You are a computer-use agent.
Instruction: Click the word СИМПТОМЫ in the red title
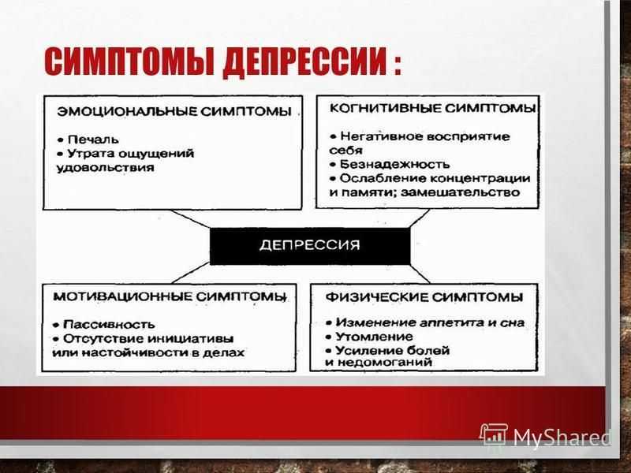pyautogui.click(x=129, y=62)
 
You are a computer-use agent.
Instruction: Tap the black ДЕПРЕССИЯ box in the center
pyautogui.click(x=310, y=246)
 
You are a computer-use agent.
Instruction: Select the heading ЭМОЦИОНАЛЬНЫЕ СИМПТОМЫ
pyautogui.click(x=174, y=111)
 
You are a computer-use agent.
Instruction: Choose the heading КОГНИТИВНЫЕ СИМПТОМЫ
pyautogui.click(x=432, y=108)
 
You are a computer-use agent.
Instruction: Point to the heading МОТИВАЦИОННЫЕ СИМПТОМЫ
pyautogui.click(x=170, y=297)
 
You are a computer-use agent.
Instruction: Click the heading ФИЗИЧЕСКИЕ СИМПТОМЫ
pyautogui.click(x=424, y=297)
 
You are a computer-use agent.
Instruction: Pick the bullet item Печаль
pyautogui.click(x=88, y=140)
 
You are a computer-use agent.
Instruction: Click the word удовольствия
pyautogui.click(x=106, y=168)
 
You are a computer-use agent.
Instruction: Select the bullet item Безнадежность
pyautogui.click(x=390, y=164)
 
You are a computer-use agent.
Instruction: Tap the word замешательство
pyautogui.click(x=461, y=192)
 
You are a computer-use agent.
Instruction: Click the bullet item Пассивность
pyautogui.click(x=104, y=324)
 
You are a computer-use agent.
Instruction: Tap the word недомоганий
pyautogui.click(x=384, y=362)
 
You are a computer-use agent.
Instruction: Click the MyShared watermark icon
pyautogui.click(x=493, y=434)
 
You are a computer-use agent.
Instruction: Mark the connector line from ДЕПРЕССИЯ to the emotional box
pyautogui.click(x=190, y=219)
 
